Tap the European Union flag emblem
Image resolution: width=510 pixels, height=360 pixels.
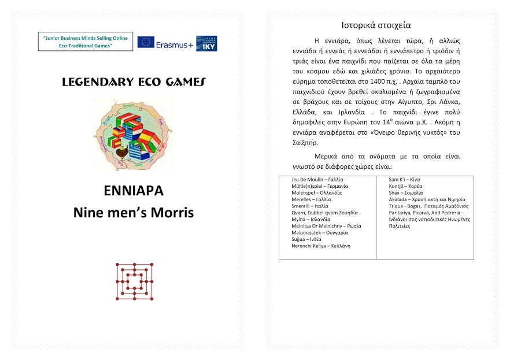coord(146,43)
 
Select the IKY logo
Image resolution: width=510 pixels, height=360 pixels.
coord(207,43)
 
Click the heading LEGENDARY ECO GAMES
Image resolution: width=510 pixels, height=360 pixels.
coord(133,83)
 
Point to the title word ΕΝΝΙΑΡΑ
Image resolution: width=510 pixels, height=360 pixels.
coord(133,191)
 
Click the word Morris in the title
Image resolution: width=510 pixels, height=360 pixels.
coord(169,212)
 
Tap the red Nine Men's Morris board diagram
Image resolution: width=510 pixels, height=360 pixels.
coord(134,281)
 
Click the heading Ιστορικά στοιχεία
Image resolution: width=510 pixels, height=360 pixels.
coord(376,25)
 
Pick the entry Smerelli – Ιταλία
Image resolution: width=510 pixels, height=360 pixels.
coord(310,206)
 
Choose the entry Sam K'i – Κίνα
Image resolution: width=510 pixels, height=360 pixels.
coord(404,180)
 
